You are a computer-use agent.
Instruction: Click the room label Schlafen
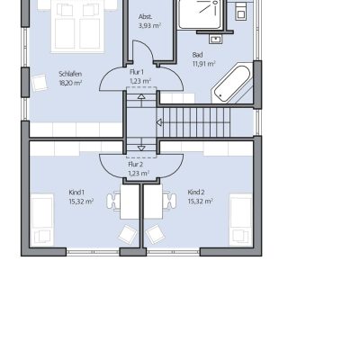point(70,74)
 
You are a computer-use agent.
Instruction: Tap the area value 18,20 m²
point(70,83)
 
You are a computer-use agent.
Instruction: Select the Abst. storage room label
point(145,17)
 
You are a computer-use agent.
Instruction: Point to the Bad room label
point(197,55)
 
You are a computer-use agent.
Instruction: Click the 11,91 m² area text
point(203,64)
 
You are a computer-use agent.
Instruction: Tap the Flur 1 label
point(137,72)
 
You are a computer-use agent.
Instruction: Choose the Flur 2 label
point(136,165)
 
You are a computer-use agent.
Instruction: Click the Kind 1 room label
point(76,192)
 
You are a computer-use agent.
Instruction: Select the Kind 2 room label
point(196,192)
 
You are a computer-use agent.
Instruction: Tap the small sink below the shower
point(215,40)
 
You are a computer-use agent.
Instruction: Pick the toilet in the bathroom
point(240,12)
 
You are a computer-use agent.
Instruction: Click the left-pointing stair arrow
point(159,122)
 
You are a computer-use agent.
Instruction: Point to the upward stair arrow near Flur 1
point(141,96)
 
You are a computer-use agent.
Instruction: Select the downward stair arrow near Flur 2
point(141,148)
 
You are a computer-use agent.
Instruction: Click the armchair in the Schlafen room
point(40,83)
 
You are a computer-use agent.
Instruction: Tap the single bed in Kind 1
point(42,220)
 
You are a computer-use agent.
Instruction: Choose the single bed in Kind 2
point(241,220)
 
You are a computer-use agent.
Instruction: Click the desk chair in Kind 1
point(113,201)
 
